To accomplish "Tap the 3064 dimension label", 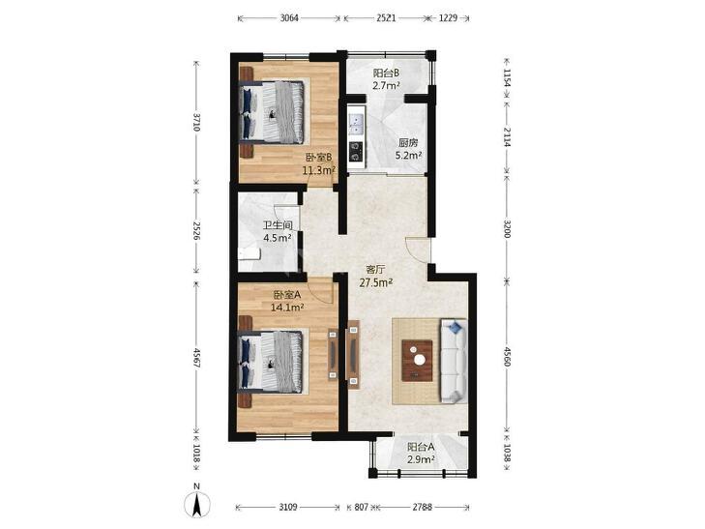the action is pos(288,18).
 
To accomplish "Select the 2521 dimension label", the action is pos(386,18).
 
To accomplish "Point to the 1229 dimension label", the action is pos(448,18).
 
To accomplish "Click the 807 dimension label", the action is pos(362,507).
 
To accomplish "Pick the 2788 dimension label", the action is pos(423,507).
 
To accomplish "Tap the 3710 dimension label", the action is pos(196,122).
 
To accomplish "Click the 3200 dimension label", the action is pos(507,229).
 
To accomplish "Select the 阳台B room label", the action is pos(386,73).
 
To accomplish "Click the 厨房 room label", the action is pos(408,143).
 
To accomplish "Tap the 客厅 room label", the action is pos(375,270).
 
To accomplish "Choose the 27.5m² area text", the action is pos(376,282).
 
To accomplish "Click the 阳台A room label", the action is pos(421,447).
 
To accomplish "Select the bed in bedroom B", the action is pos(274,112).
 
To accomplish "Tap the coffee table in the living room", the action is pos(417,361).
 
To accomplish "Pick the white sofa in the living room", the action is pos(454,361).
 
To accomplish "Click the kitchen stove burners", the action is pos(356,151).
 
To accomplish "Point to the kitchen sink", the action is pos(357,124).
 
